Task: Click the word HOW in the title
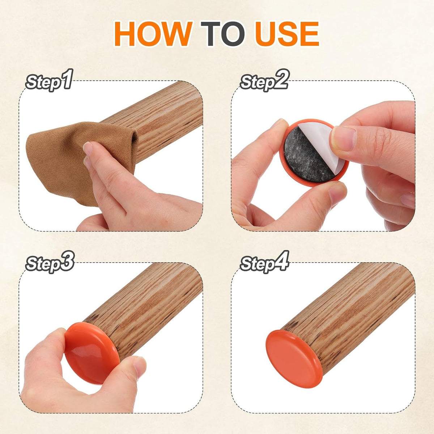click(153, 33)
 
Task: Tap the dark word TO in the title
click(222, 33)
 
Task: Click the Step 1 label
click(49, 80)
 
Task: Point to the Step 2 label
click(264, 80)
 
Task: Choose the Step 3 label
click(50, 262)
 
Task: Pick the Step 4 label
click(264, 262)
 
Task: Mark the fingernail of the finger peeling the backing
click(344, 139)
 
